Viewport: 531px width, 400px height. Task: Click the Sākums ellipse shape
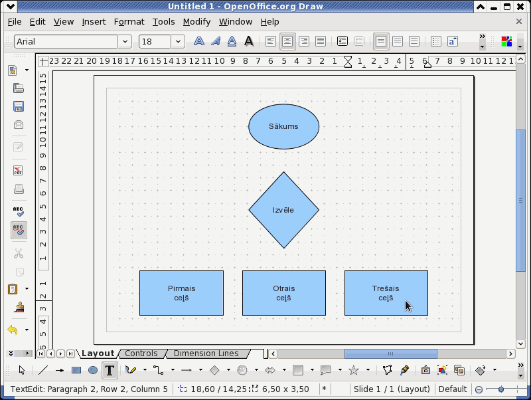click(284, 126)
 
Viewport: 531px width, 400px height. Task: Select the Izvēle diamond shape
click(284, 210)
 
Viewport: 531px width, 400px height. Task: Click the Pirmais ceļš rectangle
click(181, 293)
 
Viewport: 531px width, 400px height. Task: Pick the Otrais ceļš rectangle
click(284, 293)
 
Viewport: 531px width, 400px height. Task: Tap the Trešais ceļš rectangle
click(386, 293)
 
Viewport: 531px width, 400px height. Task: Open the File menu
click(15, 22)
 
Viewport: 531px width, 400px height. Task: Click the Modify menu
click(196, 22)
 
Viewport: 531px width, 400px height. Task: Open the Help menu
click(270, 22)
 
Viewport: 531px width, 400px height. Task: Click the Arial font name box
click(66, 41)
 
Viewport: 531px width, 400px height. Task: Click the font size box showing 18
click(155, 41)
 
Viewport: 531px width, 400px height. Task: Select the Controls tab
click(141, 353)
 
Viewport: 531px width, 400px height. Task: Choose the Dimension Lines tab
click(206, 353)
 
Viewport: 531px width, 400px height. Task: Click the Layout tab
click(98, 353)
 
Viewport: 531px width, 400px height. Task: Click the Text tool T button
click(110, 370)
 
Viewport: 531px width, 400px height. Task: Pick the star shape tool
click(354, 370)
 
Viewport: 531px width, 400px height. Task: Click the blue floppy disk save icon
click(19, 106)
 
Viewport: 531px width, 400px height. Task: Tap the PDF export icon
click(19, 171)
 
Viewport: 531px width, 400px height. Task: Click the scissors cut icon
click(19, 253)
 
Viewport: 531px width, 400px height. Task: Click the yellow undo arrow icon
click(13, 330)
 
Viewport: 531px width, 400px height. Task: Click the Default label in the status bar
click(453, 389)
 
